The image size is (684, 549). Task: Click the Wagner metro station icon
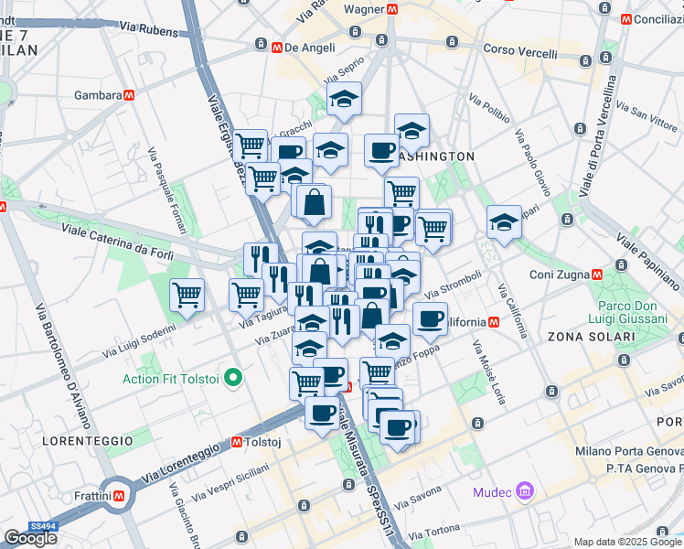click(391, 9)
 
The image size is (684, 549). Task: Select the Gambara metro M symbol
click(132, 95)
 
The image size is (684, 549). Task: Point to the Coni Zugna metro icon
click(597, 274)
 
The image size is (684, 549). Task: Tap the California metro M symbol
click(494, 322)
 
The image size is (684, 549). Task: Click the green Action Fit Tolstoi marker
click(233, 377)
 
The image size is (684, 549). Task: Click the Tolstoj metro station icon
click(237, 442)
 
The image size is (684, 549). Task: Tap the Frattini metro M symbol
click(120, 497)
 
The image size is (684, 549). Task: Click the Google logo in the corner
click(30, 538)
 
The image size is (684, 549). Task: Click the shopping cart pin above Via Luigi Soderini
click(187, 296)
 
